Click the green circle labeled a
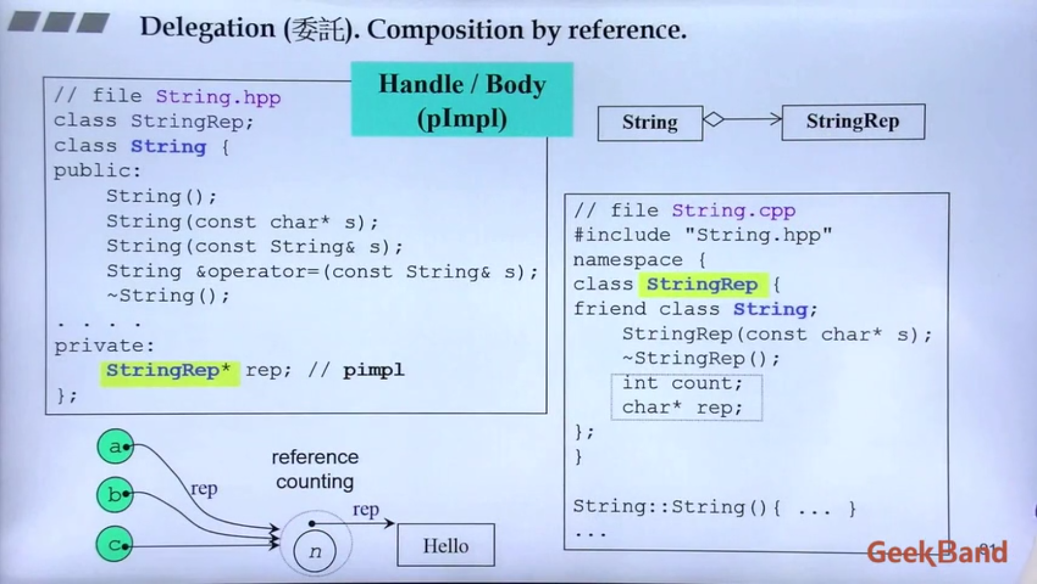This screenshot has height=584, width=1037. (115, 447)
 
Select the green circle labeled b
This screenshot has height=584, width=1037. (115, 494)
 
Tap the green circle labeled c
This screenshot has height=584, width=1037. (115, 544)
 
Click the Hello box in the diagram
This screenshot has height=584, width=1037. (446, 545)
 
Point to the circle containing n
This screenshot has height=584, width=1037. (315, 551)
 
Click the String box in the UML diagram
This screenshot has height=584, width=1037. (650, 123)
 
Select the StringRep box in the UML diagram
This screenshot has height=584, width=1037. (853, 122)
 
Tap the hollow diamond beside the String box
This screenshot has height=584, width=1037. (713, 119)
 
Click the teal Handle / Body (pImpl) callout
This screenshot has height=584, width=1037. (462, 100)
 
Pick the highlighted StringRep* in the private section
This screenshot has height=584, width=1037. (169, 371)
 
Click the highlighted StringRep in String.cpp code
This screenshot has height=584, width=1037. (702, 284)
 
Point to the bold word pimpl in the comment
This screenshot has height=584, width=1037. (373, 371)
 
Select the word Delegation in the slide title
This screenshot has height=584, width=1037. (207, 28)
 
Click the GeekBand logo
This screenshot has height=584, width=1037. (937, 552)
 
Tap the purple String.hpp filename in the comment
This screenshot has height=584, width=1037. (218, 97)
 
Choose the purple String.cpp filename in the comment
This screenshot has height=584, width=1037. (733, 210)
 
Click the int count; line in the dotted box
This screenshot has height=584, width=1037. (682, 383)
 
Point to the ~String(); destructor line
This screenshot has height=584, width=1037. (168, 296)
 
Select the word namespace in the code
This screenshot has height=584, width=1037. (628, 260)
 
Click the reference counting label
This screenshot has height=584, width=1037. (315, 469)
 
